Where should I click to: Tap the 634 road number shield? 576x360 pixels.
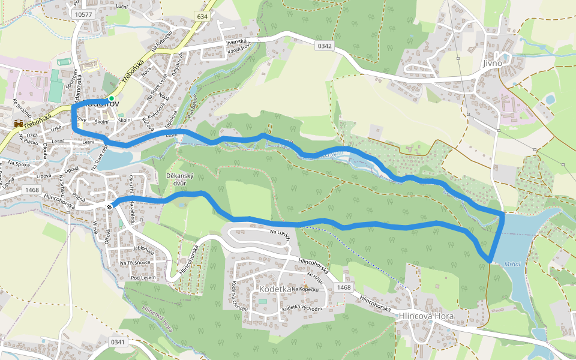click(x=202, y=16)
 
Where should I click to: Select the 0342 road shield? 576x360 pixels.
click(x=325, y=45)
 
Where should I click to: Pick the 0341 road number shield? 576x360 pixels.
click(x=117, y=341)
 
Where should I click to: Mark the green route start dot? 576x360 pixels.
click(x=112, y=98)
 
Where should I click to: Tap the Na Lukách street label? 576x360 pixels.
click(x=280, y=234)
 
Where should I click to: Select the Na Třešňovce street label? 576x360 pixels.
click(x=135, y=263)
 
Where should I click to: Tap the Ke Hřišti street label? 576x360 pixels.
click(x=314, y=278)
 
